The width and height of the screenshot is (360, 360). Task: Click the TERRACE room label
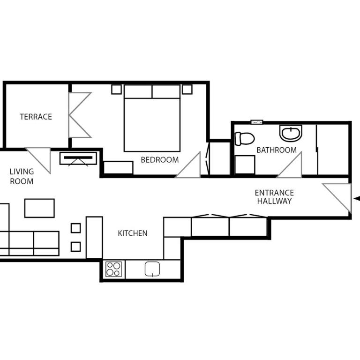coord(36,117)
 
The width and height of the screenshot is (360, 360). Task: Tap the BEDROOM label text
coord(159,160)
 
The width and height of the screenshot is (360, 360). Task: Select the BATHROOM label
coord(276,150)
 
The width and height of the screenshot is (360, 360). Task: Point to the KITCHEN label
coord(132,233)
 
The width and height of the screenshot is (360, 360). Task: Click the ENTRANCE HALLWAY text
coord(274,197)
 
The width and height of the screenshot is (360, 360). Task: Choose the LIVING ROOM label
coord(22,176)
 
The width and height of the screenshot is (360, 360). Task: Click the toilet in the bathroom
coord(244,138)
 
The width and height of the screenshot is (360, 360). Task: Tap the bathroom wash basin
coord(291,133)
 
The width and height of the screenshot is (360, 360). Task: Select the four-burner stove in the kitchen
coord(114,269)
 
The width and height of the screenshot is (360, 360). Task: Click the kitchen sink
coord(153,269)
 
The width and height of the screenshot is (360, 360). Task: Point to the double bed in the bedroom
coord(152,120)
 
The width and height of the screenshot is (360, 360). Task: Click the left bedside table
coord(116,89)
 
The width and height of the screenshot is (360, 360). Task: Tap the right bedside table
coord(187,89)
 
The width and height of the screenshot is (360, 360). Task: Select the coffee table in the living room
coord(39,208)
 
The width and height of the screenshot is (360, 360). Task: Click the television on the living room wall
coord(78,158)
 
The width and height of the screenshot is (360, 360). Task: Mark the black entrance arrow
coord(356,199)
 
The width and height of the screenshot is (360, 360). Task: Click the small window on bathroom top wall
coord(257,122)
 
